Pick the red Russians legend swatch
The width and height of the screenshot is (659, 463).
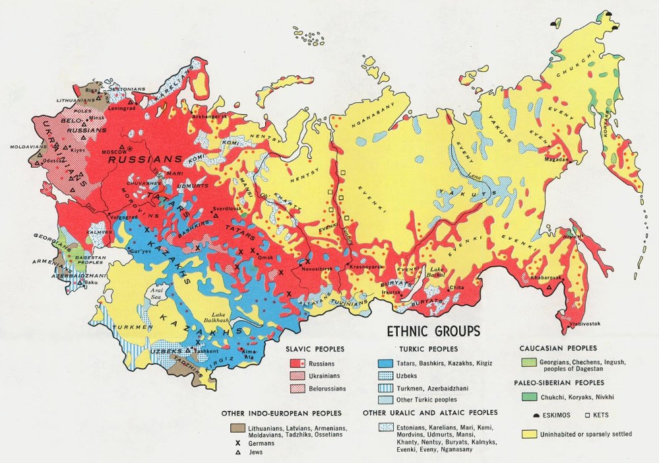tap(299, 363)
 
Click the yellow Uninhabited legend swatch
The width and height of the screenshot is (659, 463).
tap(529, 434)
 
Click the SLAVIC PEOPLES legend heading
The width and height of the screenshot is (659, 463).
tap(315, 349)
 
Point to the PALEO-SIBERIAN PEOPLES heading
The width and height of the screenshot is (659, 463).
tap(561, 382)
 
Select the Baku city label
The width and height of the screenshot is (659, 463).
tap(92, 282)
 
